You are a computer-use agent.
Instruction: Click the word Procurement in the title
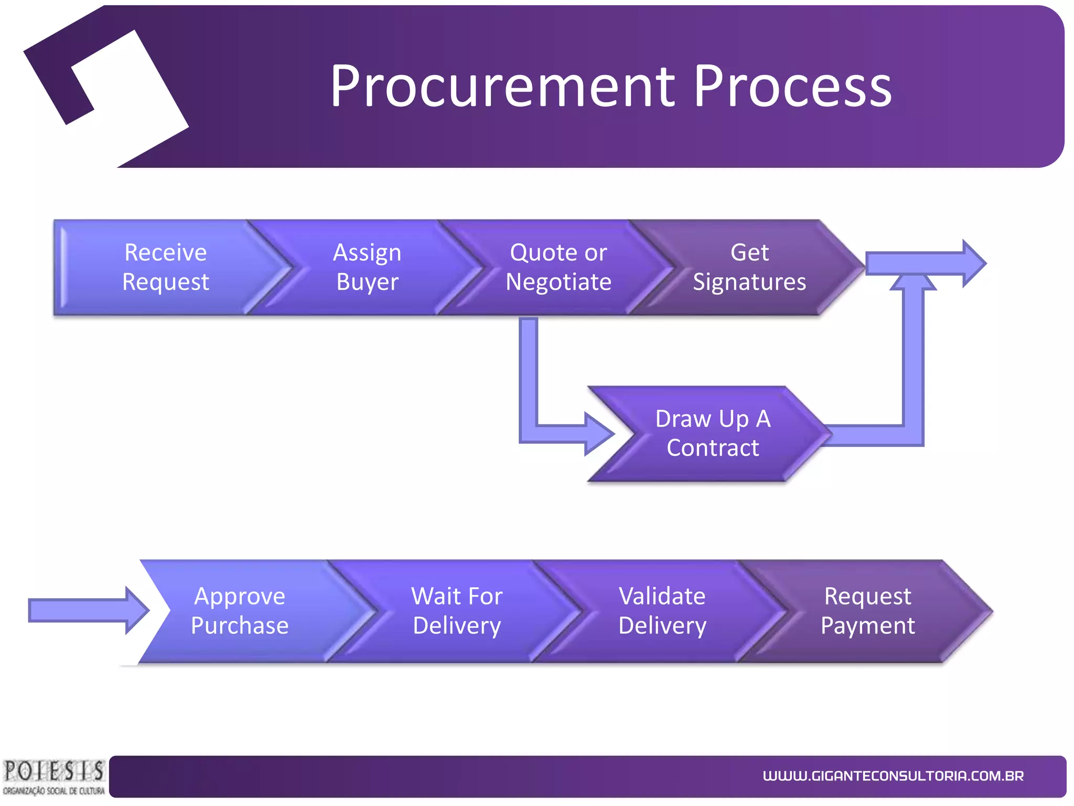point(502,86)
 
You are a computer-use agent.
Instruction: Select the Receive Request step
point(166,267)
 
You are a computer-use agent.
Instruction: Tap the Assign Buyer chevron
point(367,267)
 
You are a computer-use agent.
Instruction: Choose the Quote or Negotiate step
point(558,267)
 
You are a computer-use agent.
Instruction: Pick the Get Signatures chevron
point(749,267)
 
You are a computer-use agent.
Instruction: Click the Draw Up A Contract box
point(712,433)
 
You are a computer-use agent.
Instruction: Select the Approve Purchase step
point(240,611)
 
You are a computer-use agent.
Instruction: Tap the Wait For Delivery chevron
point(456,611)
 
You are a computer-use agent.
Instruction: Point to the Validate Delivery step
point(662,611)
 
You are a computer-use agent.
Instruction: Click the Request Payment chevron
point(867,611)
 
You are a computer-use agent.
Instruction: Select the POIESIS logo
point(53,777)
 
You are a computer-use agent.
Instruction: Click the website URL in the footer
point(893,776)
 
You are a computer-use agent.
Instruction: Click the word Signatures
point(749,282)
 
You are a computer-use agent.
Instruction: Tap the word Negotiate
point(558,282)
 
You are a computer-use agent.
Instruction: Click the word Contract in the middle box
point(712,448)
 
